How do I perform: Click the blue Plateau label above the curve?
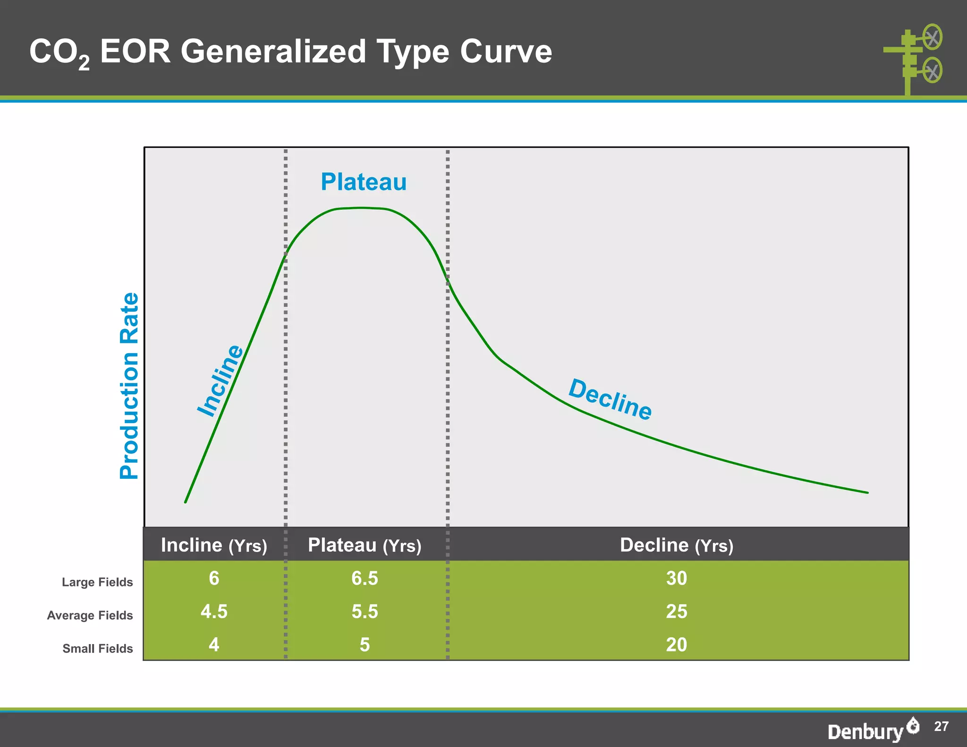coord(364,182)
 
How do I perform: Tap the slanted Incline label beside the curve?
coord(220,381)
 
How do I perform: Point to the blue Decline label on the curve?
coord(610,399)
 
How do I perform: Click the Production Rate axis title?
coord(129,386)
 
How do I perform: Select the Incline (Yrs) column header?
coord(214,545)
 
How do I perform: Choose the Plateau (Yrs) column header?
coord(365,545)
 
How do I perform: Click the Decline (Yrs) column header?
coord(676,545)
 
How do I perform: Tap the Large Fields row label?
coord(97,582)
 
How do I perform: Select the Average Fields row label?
coord(90,615)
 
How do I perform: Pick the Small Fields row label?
coord(97,648)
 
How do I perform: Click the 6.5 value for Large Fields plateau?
coord(365,578)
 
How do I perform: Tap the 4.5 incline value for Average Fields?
coord(214,611)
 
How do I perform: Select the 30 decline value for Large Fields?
coord(676,578)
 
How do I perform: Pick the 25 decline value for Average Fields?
coord(676,611)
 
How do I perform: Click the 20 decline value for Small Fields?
coord(676,645)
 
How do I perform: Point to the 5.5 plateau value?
coord(365,611)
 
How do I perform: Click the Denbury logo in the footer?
coord(873,730)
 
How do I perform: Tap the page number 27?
coord(941,726)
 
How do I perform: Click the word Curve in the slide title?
coord(506,51)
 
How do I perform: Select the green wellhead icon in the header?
coord(914,59)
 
